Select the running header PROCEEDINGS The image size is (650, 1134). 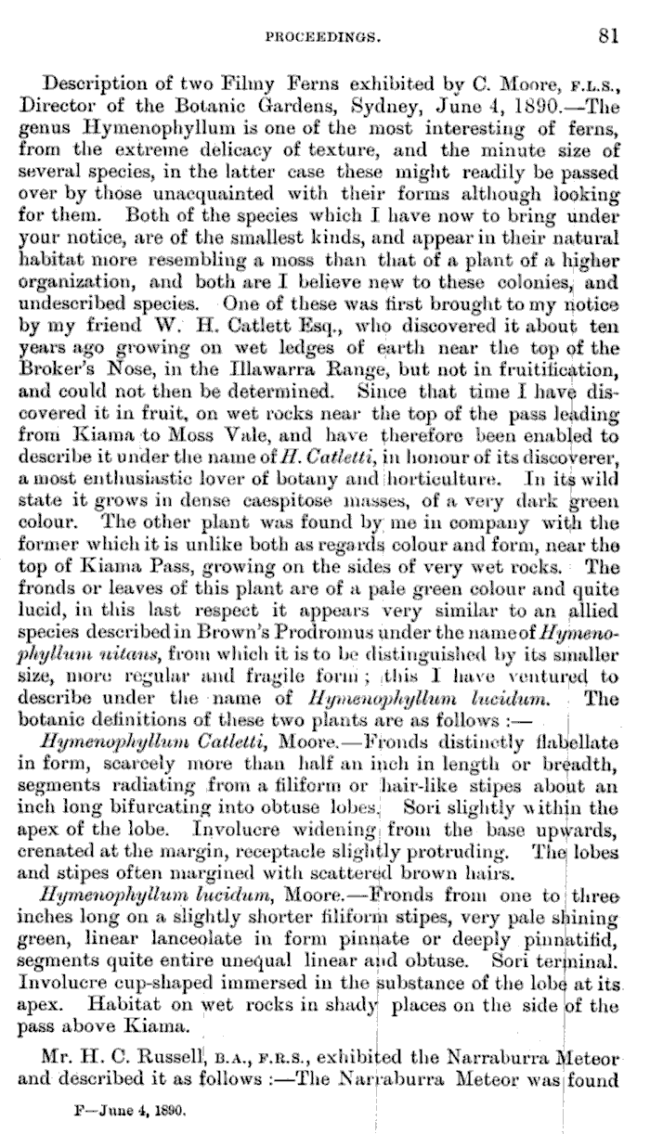click(320, 38)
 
